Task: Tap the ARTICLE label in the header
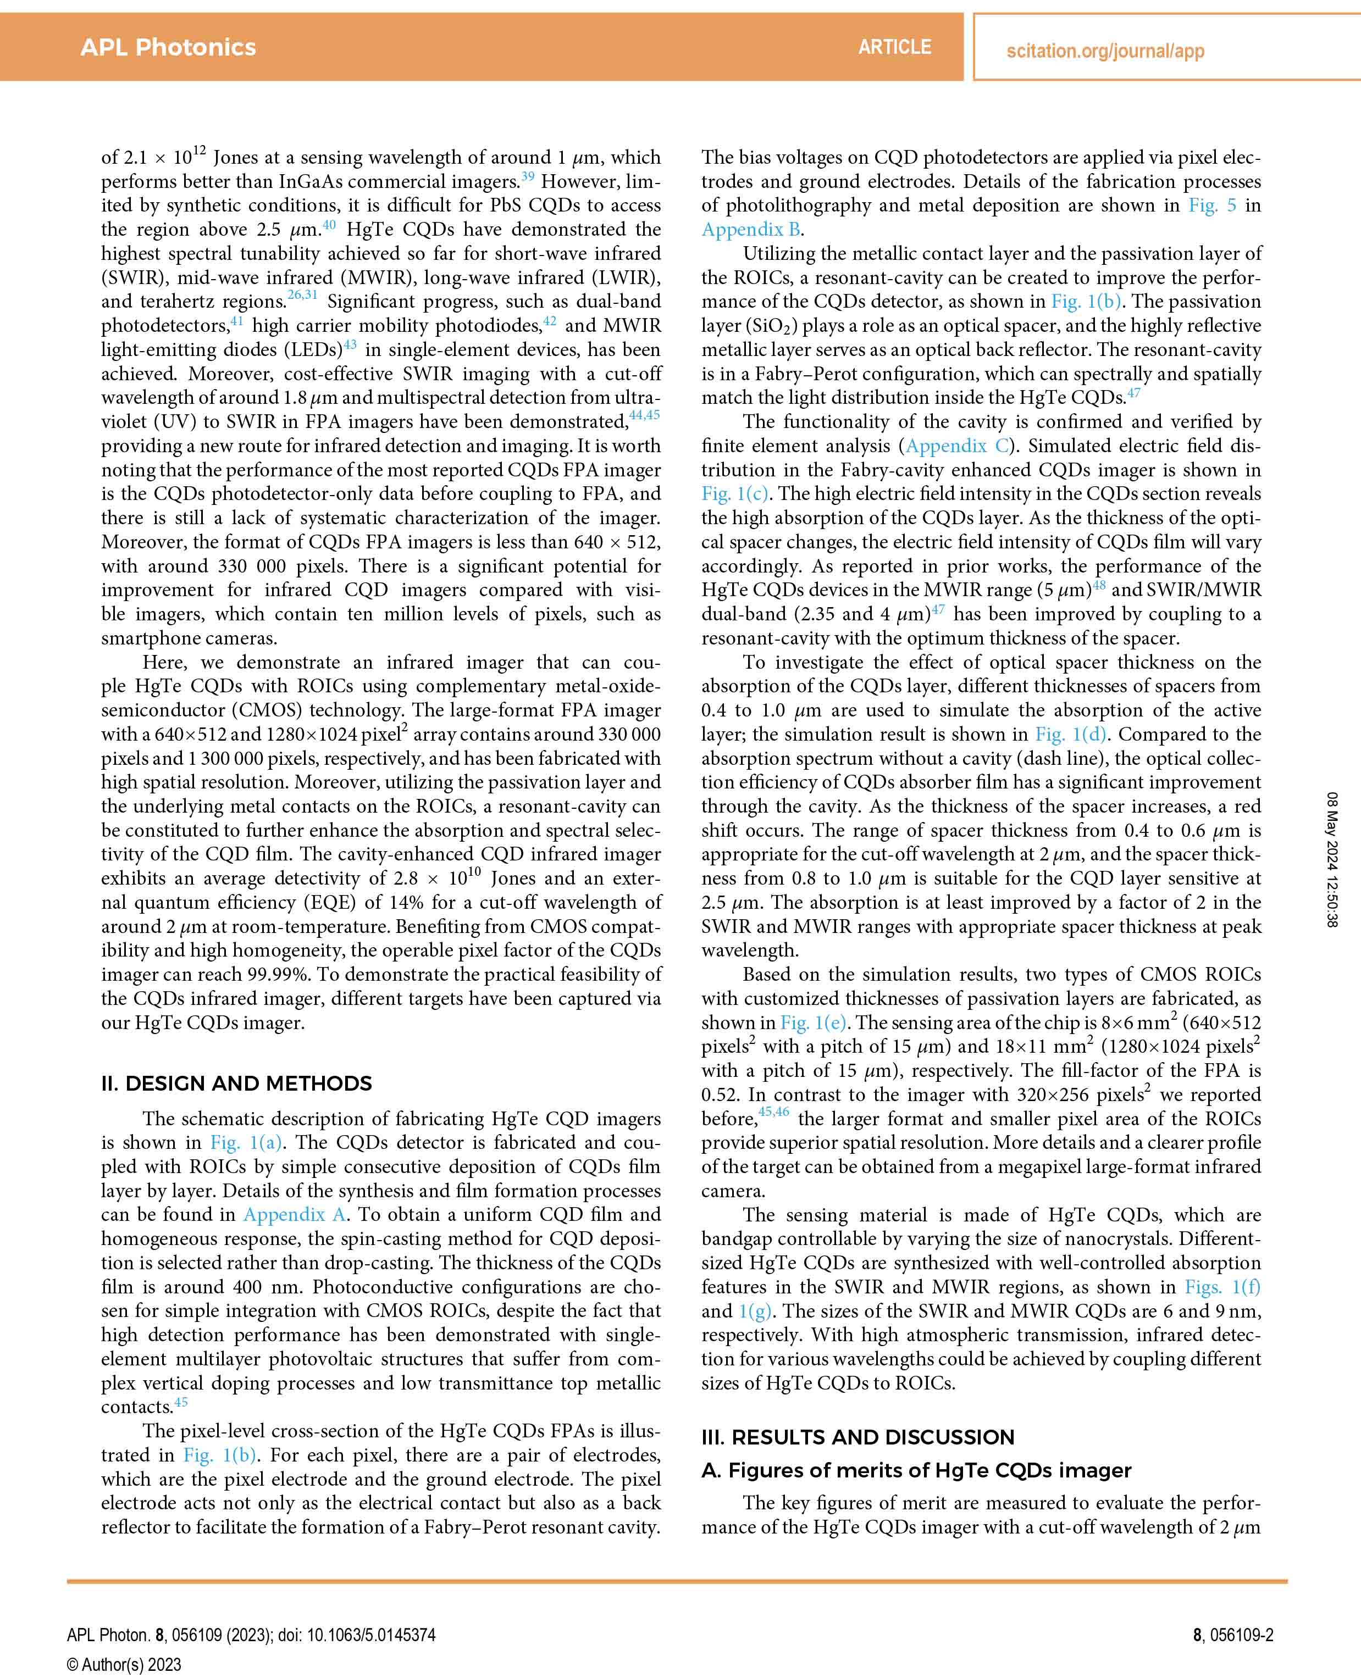(x=894, y=47)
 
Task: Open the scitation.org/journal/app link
(x=1105, y=52)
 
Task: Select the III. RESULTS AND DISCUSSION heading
(x=857, y=1437)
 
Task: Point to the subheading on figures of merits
(x=916, y=1470)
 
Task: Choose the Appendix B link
(x=751, y=230)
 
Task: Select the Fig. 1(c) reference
(x=734, y=494)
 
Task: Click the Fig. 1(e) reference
(x=814, y=1023)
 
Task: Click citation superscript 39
(x=528, y=176)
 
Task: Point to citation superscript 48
(x=1099, y=585)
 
